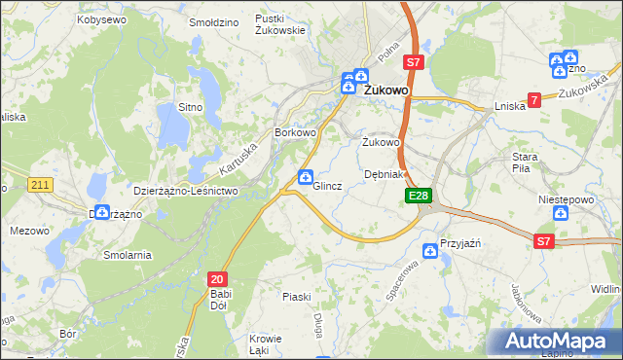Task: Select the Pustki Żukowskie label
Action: tap(280, 24)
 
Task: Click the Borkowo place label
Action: tap(296, 132)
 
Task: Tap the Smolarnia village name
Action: tap(128, 255)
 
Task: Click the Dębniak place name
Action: tap(384, 174)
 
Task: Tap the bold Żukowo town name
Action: tap(386, 90)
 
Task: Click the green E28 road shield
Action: tap(418, 197)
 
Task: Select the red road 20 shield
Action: tap(217, 277)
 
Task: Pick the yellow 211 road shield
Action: tap(40, 184)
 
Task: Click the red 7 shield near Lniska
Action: tap(534, 100)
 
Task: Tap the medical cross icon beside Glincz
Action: tap(305, 176)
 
